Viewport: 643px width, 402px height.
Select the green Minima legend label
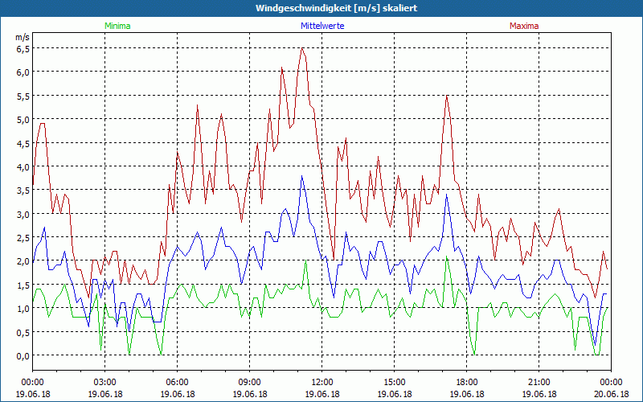117,26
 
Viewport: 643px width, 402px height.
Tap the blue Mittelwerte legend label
321,26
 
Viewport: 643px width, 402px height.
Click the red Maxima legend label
523,26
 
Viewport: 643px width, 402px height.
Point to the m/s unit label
22,37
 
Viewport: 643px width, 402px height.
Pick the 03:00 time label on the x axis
104,382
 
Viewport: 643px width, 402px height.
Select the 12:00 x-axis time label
321,382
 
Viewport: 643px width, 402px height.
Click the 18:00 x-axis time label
466,382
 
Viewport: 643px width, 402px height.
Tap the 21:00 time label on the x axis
539,382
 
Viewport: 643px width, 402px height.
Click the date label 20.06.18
611,394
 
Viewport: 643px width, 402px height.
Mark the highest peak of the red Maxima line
302,48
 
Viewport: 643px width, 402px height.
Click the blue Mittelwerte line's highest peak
302,176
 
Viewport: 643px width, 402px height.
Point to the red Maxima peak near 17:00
447,96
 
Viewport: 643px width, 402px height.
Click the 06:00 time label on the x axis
177,382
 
